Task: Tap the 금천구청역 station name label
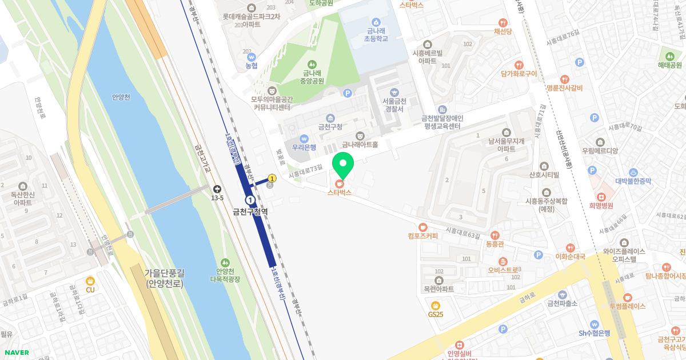[250, 211]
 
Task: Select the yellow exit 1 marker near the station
[272, 178]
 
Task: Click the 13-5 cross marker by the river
[217, 189]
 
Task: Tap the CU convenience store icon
[90, 281]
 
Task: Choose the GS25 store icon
[436, 305]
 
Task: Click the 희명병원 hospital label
[601, 205]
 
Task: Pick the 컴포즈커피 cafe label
[423, 235]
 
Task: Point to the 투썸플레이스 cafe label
[627, 306]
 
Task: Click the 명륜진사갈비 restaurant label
[564, 88]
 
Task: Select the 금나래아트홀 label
[360, 145]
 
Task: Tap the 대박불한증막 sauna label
[633, 181]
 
